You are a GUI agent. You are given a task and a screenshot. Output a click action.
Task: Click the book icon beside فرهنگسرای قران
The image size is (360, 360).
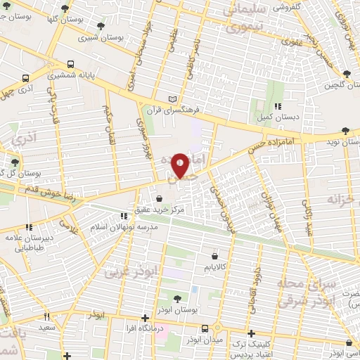[172, 98]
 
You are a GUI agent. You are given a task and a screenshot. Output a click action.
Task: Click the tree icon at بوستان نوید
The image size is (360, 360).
[345, 131]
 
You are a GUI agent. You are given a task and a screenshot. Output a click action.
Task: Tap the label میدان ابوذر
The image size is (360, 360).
[205, 340]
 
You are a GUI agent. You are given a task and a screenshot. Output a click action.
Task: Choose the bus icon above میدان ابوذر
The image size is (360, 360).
[205, 328]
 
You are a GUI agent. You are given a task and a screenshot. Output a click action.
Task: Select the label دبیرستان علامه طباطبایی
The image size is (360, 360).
[29, 243]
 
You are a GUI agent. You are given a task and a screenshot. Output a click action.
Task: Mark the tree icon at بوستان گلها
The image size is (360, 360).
[65, 9]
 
